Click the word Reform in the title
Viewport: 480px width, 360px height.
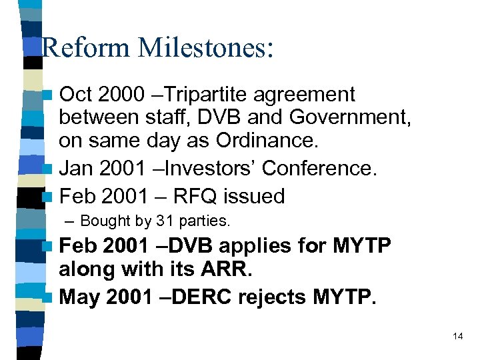[85, 49]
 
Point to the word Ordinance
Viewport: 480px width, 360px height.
[267, 141]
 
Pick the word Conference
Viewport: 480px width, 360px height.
[320, 169]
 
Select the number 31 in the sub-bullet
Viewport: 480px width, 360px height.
[163, 221]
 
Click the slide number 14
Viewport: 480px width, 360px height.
[457, 336]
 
